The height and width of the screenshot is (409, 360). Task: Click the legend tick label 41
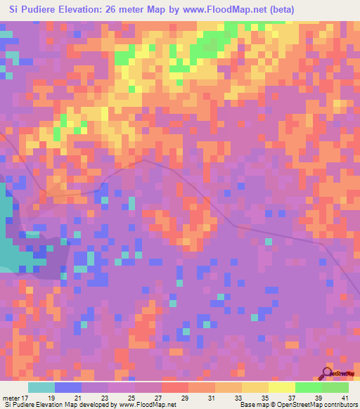coord(345,398)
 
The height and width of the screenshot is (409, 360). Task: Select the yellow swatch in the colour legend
coord(281,387)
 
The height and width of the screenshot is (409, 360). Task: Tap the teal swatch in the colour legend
coord(41,387)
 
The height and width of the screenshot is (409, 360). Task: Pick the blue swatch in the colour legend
coord(68,387)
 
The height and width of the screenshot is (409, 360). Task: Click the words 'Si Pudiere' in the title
coord(32,10)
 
